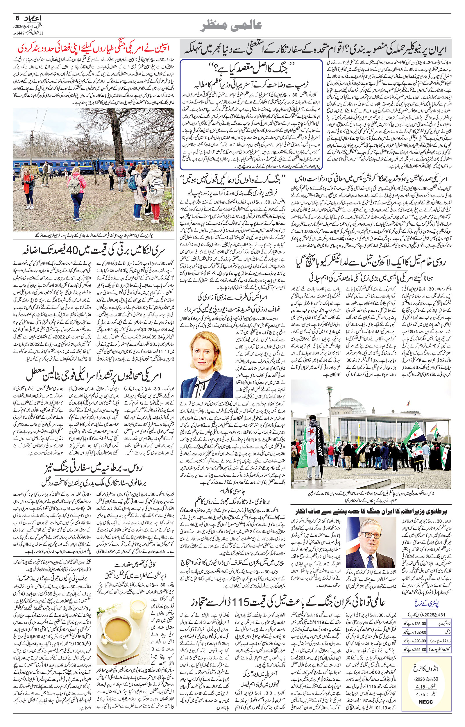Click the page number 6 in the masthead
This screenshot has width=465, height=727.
click(x=17, y=18)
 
